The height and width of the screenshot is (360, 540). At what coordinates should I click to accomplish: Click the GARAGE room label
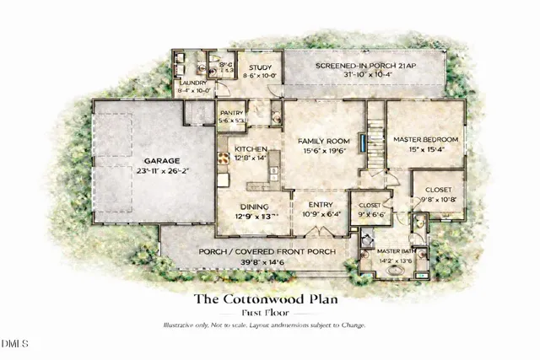point(158,159)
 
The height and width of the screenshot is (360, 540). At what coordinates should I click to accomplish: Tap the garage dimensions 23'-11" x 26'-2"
point(158,169)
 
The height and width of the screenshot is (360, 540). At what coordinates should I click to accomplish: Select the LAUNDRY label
point(192,83)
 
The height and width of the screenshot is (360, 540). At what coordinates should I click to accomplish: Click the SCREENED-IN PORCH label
point(361,66)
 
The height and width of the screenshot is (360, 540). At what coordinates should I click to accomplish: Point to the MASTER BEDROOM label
point(429,139)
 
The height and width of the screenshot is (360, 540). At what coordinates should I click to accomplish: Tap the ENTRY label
point(321,205)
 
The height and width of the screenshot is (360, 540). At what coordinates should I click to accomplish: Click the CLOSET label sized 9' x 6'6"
point(370,205)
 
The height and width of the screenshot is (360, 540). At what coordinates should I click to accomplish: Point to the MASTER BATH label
point(393,251)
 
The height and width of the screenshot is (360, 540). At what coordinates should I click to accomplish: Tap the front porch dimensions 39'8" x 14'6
point(267,262)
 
